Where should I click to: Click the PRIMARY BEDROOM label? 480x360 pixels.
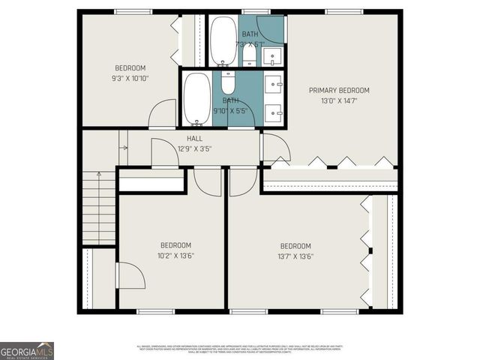(339, 91)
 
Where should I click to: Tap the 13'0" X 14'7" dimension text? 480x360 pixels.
(339, 101)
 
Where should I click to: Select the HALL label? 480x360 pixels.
(194, 139)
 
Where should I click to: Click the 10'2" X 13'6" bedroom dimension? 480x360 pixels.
(175, 256)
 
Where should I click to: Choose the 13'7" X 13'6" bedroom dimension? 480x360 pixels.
(295, 256)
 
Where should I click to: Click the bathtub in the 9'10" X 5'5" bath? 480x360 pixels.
(197, 98)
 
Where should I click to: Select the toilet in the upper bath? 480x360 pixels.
(249, 56)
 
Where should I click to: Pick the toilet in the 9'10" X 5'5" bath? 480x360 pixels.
(229, 81)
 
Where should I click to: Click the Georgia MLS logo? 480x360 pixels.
(27, 350)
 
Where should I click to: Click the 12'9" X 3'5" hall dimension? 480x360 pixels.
(194, 148)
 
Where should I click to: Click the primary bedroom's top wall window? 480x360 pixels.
(343, 11)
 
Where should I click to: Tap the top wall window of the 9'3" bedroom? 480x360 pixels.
(133, 11)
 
